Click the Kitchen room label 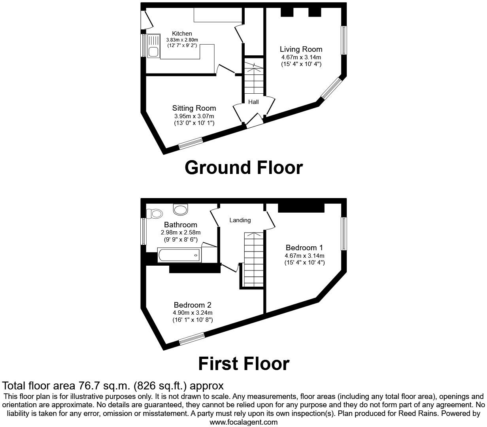click(x=182, y=34)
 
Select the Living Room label click(x=301, y=49)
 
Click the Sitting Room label click(x=194, y=108)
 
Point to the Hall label click(x=253, y=102)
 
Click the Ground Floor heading click(x=243, y=168)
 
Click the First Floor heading click(x=243, y=363)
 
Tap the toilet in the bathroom click(x=155, y=214)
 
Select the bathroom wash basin click(x=181, y=209)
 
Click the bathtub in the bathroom click(x=179, y=255)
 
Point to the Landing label click(x=240, y=220)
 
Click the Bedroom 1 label click(x=304, y=248)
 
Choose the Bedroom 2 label click(x=193, y=305)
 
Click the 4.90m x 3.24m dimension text click(x=193, y=313)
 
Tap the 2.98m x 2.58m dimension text click(x=181, y=232)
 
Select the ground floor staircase click(x=253, y=77)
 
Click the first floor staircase click(x=253, y=259)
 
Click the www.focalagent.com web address click(x=243, y=422)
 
